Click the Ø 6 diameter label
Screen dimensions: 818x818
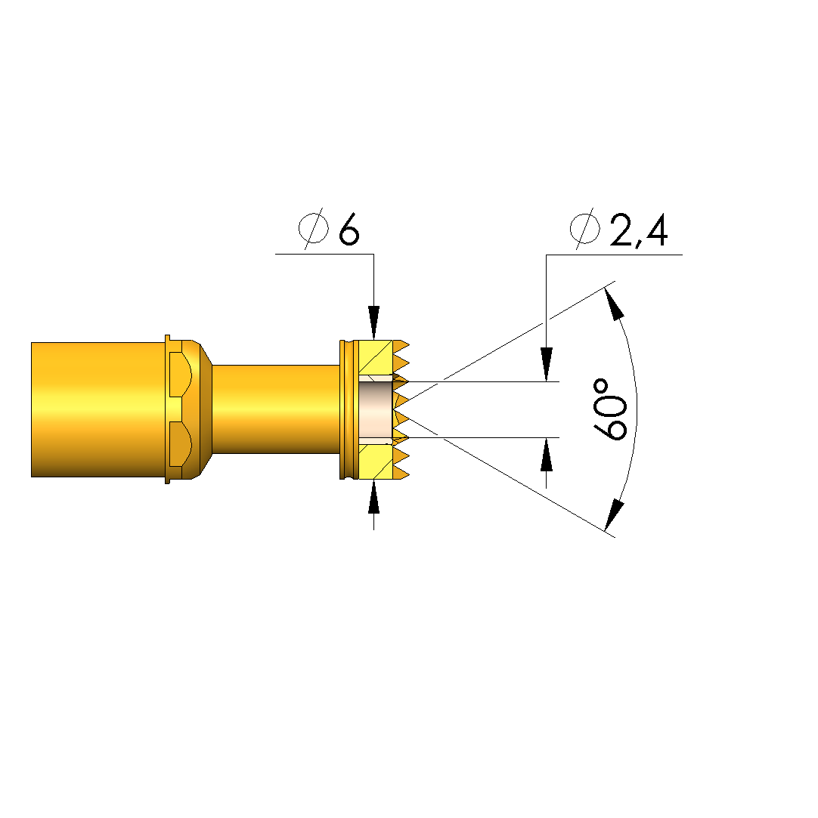(x=329, y=229)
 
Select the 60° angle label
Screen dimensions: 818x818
(x=609, y=410)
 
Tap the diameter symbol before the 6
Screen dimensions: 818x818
(x=314, y=229)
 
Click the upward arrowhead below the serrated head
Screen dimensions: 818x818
(x=373, y=497)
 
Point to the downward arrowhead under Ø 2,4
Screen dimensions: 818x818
(x=546, y=365)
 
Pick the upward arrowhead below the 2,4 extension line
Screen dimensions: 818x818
(x=546, y=455)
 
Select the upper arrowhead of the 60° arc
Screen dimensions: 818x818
(x=614, y=303)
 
